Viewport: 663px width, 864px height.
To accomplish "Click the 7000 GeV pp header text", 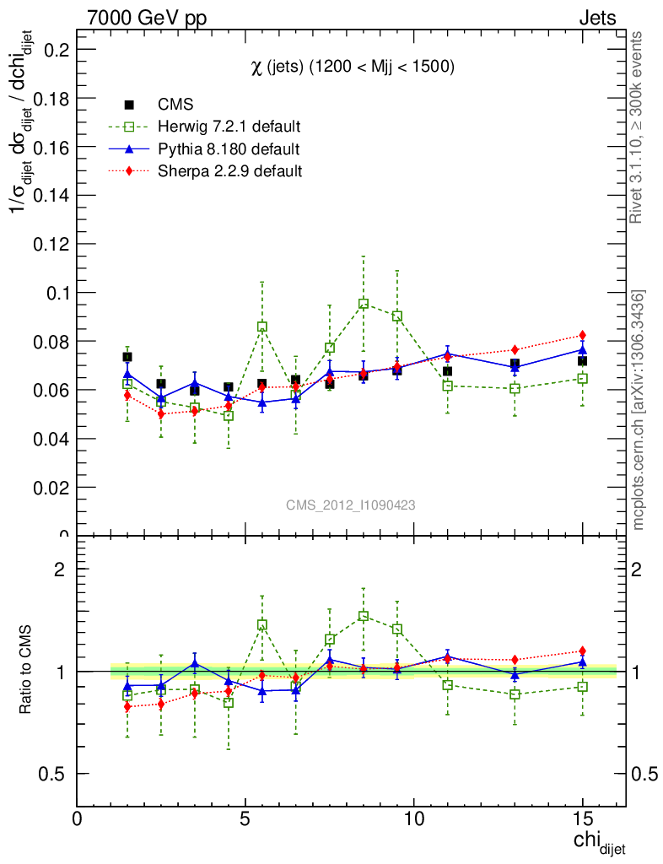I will (147, 18).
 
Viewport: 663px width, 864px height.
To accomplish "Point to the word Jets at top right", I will (596, 18).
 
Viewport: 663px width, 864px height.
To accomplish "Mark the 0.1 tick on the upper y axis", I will (57, 293).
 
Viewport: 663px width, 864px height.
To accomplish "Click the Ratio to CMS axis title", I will (27, 672).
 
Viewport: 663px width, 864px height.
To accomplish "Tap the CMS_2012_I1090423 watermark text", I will (350, 505).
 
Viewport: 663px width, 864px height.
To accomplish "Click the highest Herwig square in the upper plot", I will (364, 304).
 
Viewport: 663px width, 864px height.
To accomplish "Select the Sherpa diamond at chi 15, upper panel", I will (582, 336).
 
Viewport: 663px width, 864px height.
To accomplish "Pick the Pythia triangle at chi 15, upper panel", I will (582, 349).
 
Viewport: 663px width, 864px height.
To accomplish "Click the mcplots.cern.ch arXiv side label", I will (639, 410).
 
